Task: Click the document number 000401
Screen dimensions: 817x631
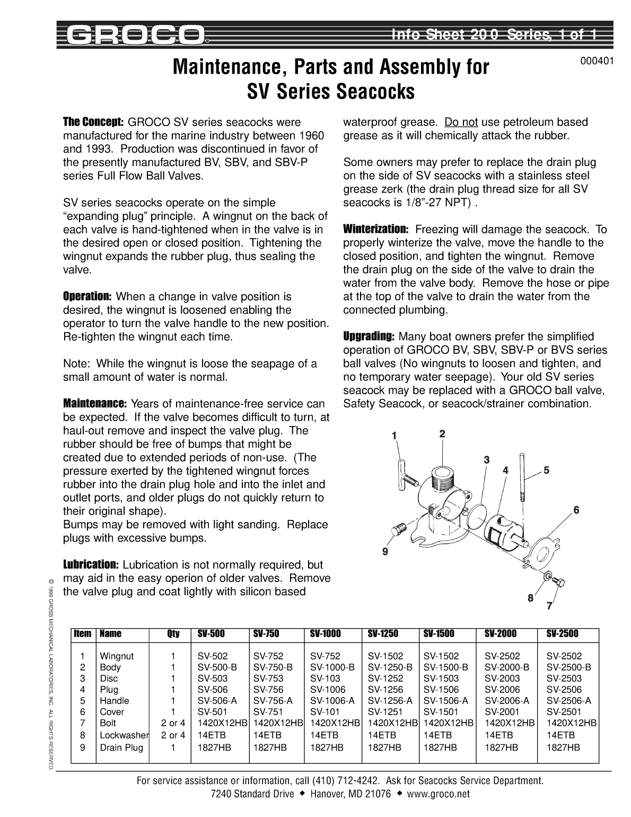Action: tap(597, 61)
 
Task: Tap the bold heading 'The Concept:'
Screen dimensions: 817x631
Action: tap(93, 122)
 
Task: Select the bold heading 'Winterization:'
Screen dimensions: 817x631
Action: tap(375, 229)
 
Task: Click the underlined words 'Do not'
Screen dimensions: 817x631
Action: tap(461, 122)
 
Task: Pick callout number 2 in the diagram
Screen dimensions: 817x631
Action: tap(442, 433)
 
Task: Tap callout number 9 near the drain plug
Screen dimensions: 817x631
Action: tap(385, 552)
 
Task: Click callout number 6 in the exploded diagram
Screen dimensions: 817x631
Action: tap(576, 510)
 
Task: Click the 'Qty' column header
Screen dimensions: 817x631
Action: tap(173, 633)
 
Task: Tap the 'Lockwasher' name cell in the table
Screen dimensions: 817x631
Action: tap(124, 735)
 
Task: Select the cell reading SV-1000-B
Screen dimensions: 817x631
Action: tap(332, 667)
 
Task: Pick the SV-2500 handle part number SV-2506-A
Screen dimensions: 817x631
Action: tap(568, 701)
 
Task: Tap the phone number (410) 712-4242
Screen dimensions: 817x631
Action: tap(346, 780)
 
